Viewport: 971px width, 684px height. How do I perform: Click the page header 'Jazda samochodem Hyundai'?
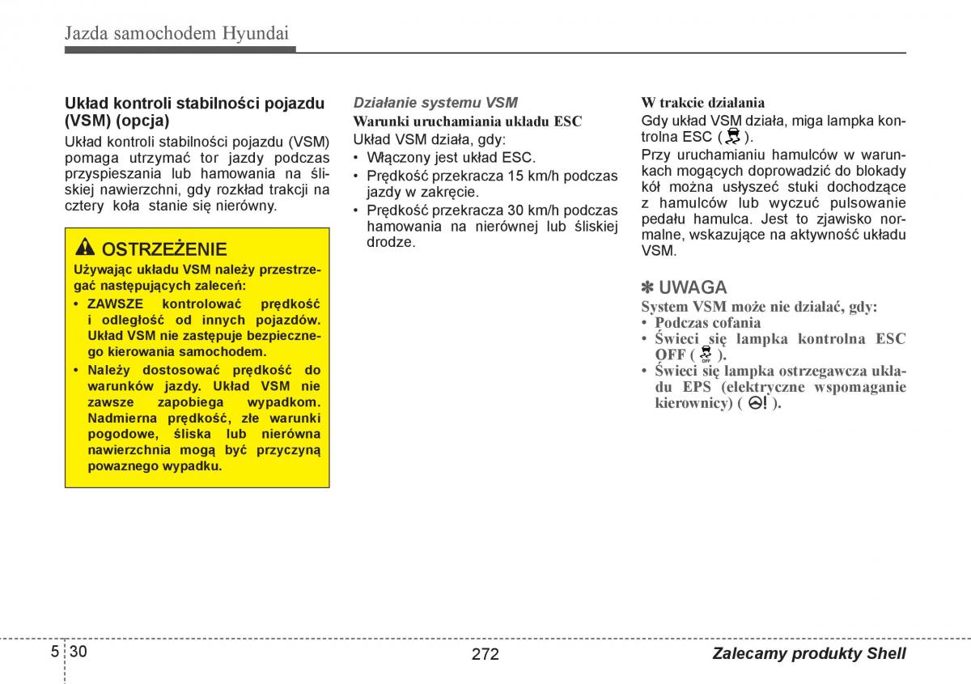click(176, 33)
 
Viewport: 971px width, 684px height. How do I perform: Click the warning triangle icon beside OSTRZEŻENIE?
click(85, 248)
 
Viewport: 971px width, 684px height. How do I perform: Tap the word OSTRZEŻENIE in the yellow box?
click(164, 249)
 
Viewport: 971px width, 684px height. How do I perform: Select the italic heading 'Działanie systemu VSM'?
click(435, 103)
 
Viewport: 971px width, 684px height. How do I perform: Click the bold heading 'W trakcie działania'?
click(702, 103)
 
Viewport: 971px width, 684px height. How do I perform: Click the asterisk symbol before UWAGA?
click(648, 287)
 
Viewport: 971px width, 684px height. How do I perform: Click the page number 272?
click(485, 654)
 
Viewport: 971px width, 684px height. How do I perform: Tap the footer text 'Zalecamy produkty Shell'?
click(809, 654)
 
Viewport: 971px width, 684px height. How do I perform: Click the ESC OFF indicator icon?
click(706, 354)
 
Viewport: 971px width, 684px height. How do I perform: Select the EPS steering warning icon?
click(757, 402)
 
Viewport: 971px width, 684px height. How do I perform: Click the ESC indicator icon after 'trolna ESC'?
click(734, 136)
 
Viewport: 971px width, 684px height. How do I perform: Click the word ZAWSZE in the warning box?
click(115, 304)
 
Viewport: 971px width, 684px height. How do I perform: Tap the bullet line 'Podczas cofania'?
click(707, 322)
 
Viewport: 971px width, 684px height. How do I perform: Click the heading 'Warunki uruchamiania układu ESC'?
click(467, 121)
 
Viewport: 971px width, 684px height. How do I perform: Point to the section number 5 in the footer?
click(54, 652)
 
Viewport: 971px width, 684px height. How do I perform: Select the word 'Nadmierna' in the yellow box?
click(121, 418)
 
